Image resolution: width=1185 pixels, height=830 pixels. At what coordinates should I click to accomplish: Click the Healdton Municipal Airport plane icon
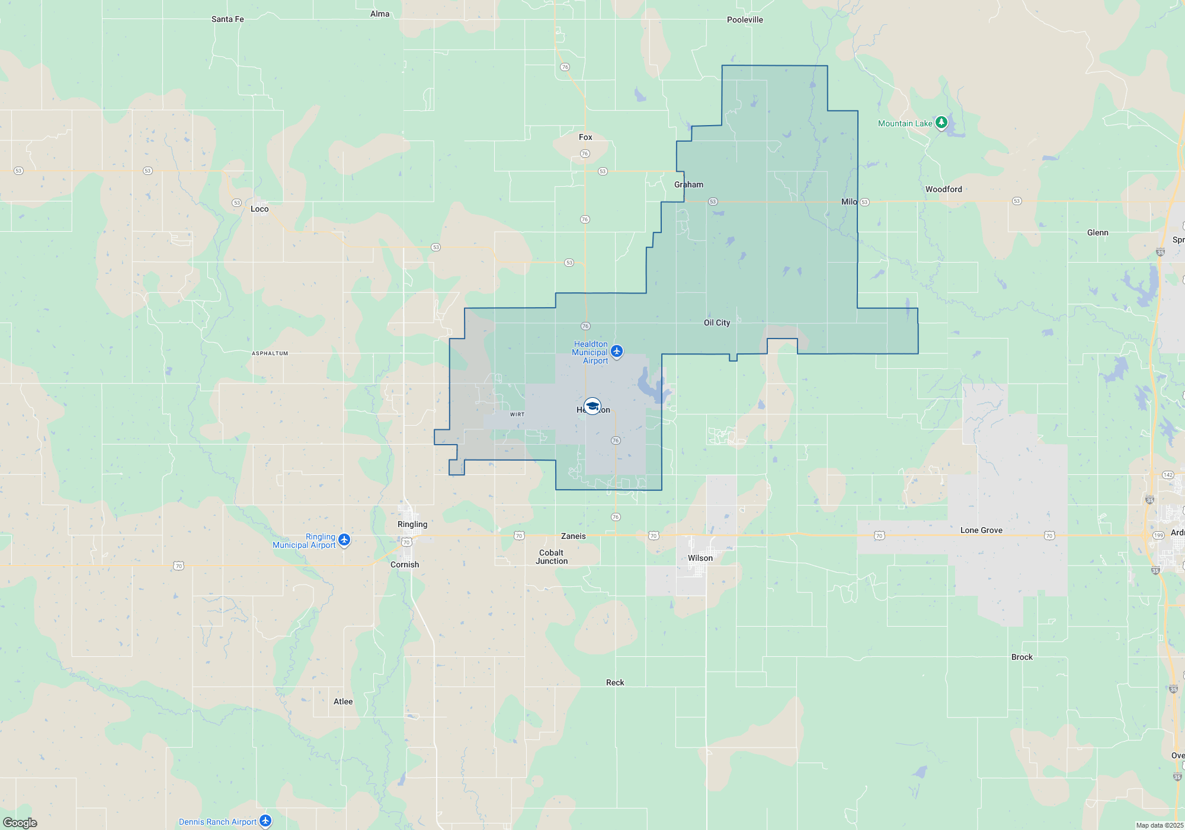pos(617,352)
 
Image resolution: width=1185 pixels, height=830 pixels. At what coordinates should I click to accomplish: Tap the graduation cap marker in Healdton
pos(592,406)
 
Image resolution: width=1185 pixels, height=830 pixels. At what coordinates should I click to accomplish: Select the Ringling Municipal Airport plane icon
pos(344,540)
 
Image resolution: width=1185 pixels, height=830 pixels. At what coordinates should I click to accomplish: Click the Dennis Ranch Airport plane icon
pos(265,821)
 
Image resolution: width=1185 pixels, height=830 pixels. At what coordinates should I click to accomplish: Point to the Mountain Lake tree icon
pos(941,123)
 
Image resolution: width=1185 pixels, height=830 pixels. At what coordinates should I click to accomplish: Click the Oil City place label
pos(716,323)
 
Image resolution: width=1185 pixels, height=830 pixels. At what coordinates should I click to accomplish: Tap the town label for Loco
pos(260,209)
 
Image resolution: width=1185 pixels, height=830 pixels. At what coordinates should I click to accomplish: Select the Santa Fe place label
pos(228,19)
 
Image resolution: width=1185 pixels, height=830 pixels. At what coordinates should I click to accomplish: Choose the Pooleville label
pos(745,20)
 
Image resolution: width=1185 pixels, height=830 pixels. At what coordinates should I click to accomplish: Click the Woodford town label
pos(943,189)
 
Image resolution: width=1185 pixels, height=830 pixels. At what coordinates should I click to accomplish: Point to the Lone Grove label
pos(981,530)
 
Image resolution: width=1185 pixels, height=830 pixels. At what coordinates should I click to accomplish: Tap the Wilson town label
pos(700,558)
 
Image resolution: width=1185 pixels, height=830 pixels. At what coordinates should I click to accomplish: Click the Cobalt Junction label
pos(552,557)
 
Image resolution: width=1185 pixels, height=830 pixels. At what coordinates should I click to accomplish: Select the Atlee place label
pos(343,701)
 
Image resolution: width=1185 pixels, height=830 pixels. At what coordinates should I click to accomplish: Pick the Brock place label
pos(1021,657)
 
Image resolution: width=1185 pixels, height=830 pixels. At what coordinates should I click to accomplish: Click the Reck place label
pos(615,682)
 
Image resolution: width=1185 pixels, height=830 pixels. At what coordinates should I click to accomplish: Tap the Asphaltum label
pos(270,353)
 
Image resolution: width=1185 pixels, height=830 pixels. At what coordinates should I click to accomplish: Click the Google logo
pos(20,822)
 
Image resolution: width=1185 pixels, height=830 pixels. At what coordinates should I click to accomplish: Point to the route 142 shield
pos(1168,474)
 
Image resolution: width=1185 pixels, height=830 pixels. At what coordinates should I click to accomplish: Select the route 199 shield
pos(1158,535)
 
